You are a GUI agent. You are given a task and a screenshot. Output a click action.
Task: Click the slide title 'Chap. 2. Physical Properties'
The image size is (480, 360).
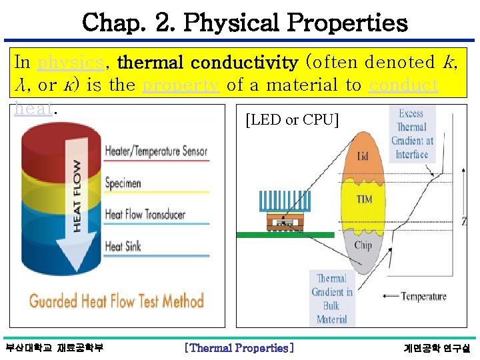click(244, 23)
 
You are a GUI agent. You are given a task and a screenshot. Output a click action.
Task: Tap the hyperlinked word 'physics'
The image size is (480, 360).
click(70, 63)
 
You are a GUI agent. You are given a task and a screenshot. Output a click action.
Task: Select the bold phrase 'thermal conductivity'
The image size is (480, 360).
click(207, 63)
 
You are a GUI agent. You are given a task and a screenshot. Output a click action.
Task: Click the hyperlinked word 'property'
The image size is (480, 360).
click(181, 85)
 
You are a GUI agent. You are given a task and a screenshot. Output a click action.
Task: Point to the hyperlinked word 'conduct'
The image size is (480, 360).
click(403, 85)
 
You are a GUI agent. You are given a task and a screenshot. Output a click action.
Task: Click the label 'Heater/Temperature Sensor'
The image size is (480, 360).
click(156, 152)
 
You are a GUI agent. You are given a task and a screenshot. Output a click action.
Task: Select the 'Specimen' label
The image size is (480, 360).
click(123, 183)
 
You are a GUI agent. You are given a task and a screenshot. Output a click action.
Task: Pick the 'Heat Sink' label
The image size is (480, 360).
click(123, 246)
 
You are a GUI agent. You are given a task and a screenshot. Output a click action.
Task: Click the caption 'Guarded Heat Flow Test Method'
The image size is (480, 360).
click(116, 301)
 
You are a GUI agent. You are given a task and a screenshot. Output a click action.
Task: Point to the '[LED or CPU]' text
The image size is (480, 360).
click(292, 120)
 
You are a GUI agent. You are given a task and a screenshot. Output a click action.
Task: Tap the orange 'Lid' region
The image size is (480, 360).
click(363, 156)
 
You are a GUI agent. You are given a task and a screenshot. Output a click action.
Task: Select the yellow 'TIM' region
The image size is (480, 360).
click(364, 199)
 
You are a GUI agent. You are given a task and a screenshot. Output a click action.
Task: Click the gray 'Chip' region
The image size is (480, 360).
click(363, 245)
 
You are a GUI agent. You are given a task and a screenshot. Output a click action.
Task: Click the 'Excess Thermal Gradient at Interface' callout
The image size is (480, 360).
click(411, 134)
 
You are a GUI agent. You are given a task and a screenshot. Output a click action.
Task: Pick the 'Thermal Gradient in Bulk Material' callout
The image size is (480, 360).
click(331, 299)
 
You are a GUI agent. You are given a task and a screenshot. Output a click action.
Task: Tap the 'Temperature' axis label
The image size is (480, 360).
click(423, 296)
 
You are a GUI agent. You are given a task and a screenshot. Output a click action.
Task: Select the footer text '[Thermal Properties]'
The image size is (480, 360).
click(239, 347)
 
